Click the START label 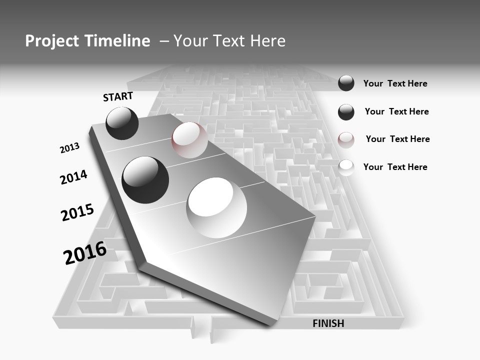pos(118,96)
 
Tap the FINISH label pos(328,323)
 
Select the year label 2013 pos(69,148)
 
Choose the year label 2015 pos(77,212)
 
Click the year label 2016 pos(85,253)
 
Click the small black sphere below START pos(122,123)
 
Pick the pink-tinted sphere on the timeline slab pos(189,140)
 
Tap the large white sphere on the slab pos(216,207)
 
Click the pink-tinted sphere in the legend pos(346,140)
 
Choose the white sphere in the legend pos(346,167)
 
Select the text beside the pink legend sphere pos(397,139)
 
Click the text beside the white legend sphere pos(395,167)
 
